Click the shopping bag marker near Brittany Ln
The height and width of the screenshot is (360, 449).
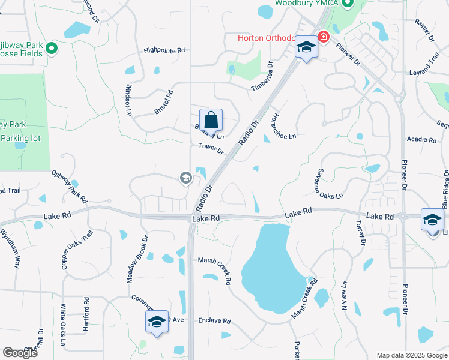(211, 119)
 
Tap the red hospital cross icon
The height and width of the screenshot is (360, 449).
(324, 38)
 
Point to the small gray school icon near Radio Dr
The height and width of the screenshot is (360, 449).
(185, 177)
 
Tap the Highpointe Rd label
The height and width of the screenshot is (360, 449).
(164, 51)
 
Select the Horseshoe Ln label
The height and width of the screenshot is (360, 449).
(284, 127)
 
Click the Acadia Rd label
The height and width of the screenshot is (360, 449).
(421, 140)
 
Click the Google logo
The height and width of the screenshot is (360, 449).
(20, 352)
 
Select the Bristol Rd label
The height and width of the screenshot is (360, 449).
(163, 102)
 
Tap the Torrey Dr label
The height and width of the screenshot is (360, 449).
(360, 232)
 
